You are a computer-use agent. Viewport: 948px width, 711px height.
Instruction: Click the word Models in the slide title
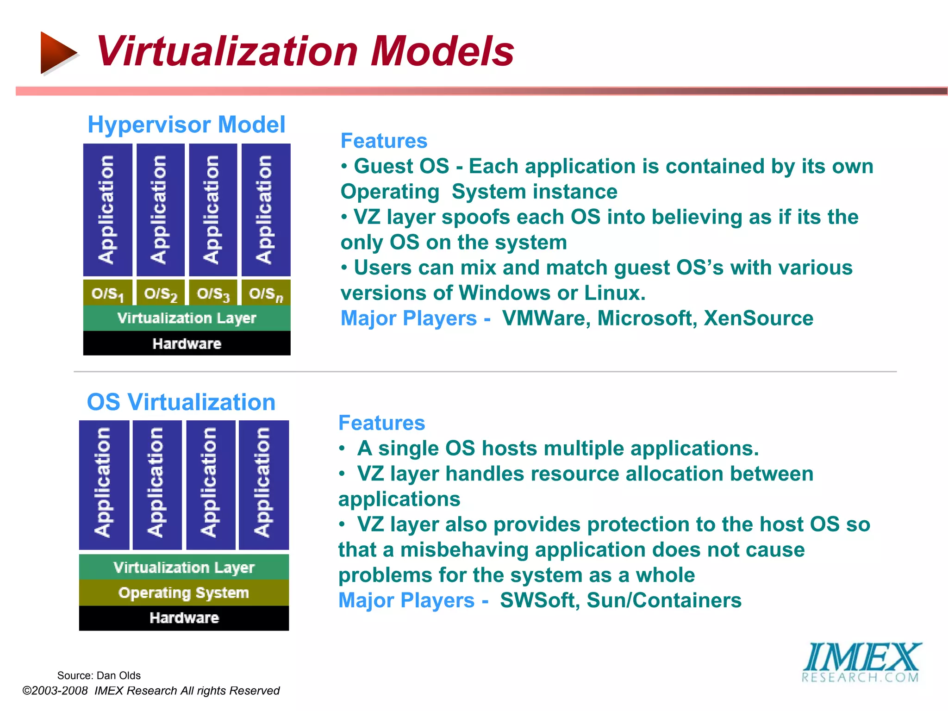(x=442, y=51)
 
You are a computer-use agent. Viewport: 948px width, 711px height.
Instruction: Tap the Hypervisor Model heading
(x=186, y=125)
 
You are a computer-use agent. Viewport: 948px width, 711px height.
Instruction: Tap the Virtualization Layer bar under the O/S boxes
(x=187, y=318)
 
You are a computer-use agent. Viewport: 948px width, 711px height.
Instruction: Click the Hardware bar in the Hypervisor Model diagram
(x=187, y=343)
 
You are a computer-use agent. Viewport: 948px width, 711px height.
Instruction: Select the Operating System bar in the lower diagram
(x=184, y=592)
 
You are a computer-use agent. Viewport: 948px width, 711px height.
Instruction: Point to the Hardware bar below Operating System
(x=184, y=618)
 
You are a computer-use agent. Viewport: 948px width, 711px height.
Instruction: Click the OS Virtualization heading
(x=181, y=402)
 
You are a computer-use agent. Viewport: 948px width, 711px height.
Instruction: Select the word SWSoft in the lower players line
(x=537, y=600)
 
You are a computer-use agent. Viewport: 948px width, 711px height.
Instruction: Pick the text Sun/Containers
(x=664, y=600)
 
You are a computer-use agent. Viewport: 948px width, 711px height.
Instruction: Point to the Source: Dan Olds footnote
(x=99, y=675)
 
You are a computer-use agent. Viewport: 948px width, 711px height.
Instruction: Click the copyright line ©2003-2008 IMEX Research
(x=151, y=691)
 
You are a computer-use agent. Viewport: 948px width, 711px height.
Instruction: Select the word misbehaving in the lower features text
(x=464, y=550)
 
